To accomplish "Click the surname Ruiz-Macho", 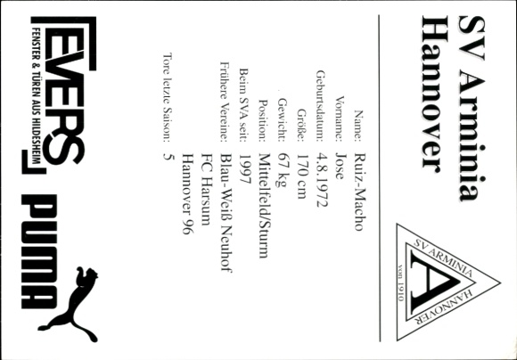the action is [358, 192].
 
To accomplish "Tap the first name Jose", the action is [340, 166].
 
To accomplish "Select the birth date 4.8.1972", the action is [322, 180].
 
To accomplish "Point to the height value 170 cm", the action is [303, 176].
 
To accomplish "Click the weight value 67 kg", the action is [284, 170].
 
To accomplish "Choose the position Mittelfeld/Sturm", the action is [265, 205].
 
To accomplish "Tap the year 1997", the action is [245, 170].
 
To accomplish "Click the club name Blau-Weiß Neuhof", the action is [226, 213].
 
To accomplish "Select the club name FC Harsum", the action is [207, 189].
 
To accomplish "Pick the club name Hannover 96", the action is [188, 194].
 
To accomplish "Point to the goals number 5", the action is [168, 156].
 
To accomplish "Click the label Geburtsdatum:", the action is [322, 105].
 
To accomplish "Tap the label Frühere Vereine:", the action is [226, 102].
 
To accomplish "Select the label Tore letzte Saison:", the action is [168, 97].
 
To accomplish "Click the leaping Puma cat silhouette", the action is [69, 304].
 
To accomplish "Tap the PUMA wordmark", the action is [38, 251].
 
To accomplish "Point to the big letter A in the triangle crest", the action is [435, 282].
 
